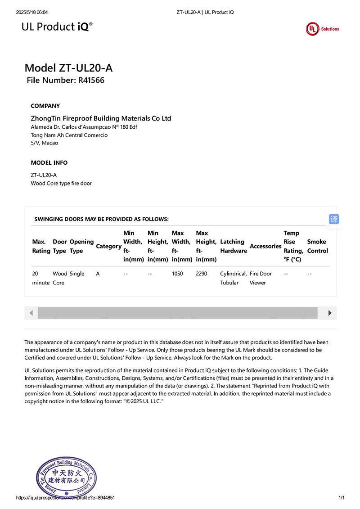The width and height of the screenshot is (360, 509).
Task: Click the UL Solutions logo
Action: click(x=323, y=28)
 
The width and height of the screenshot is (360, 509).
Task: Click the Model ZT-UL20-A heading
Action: click(x=68, y=68)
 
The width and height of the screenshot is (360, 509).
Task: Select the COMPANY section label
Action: click(x=45, y=106)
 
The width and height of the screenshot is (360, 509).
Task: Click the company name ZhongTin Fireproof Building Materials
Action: click(x=101, y=118)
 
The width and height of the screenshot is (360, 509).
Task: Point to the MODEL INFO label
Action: click(x=49, y=162)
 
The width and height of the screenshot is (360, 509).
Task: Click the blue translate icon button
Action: click(x=333, y=219)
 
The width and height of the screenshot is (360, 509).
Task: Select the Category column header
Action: click(x=108, y=246)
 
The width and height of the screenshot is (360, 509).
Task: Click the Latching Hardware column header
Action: click(x=233, y=246)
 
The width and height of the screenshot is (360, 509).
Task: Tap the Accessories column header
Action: click(x=265, y=246)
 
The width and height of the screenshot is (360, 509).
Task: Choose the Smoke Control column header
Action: click(x=317, y=246)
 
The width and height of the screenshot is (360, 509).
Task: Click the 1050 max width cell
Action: click(x=177, y=274)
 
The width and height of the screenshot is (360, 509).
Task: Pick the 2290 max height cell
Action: click(x=202, y=274)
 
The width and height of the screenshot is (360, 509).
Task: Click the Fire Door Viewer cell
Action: click(x=261, y=278)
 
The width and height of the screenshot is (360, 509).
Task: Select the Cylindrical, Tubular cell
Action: click(x=233, y=278)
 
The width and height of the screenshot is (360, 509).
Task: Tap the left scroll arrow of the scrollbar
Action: click(x=31, y=313)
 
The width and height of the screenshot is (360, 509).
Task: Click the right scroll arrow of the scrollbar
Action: click(x=330, y=313)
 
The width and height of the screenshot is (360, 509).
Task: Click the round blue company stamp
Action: click(x=67, y=477)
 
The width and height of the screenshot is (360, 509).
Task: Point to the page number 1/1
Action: click(x=341, y=498)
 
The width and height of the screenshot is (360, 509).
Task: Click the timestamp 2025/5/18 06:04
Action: click(x=32, y=12)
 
